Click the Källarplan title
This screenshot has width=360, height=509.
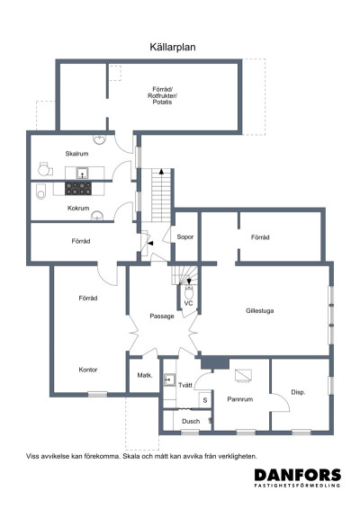tap(173, 47)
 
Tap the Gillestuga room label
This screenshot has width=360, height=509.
tap(259, 311)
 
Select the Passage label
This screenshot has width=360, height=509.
tap(162, 317)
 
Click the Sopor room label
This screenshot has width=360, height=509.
tap(185, 237)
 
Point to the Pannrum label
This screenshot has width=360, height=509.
tap(240, 399)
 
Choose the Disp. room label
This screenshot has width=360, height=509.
tap(298, 392)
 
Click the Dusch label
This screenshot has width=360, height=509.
tap(191, 422)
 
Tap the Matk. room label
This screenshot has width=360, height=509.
tap(145, 375)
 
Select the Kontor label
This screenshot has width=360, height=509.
tap(88, 370)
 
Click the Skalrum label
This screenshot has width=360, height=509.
tap(76, 154)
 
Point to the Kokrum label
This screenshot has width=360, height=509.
tap(78, 208)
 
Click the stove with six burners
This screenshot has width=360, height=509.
tap(78, 188)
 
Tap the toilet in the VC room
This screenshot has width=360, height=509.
tap(189, 292)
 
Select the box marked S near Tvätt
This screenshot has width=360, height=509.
tap(205, 400)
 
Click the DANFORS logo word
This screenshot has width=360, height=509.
tap(298, 475)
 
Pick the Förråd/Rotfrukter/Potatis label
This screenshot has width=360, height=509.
tap(163, 95)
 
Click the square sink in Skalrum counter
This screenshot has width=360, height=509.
tap(82, 173)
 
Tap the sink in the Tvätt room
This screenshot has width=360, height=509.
tap(169, 380)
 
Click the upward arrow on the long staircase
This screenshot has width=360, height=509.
tap(161, 172)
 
